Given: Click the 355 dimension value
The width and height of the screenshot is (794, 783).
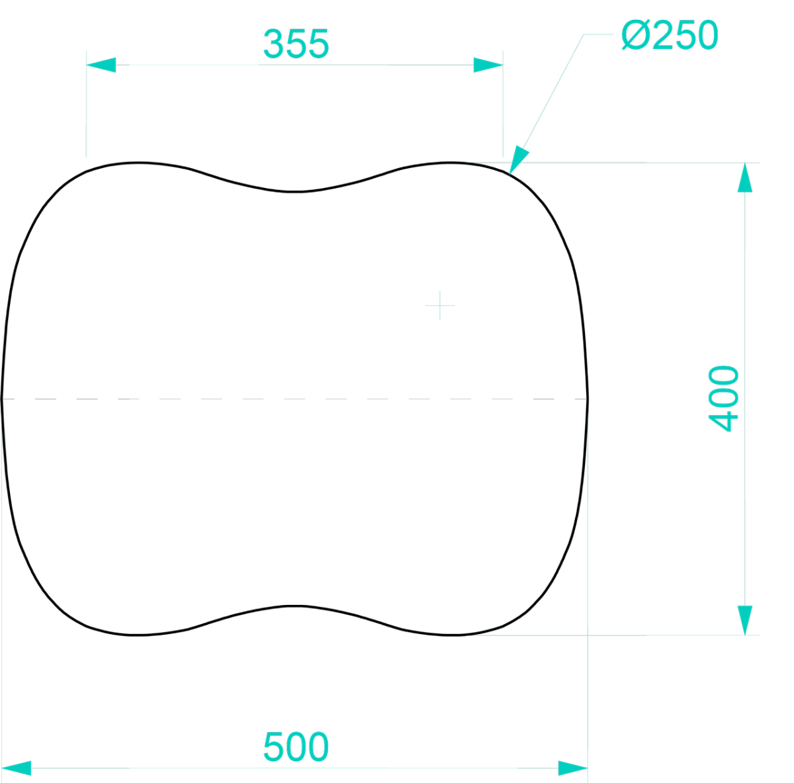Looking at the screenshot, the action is click(x=296, y=44).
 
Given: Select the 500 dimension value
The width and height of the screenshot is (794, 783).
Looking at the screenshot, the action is click(x=296, y=747).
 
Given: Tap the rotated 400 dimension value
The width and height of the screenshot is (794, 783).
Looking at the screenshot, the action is click(x=724, y=398).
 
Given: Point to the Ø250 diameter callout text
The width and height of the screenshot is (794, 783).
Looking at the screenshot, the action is click(x=670, y=35).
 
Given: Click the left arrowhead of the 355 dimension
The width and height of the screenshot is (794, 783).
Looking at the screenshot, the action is click(x=101, y=65).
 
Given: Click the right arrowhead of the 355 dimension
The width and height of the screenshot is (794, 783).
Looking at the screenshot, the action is click(x=488, y=65).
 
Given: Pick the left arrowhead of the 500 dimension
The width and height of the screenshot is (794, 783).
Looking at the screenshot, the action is click(x=17, y=768).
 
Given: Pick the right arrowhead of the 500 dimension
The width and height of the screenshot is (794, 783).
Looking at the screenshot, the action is click(x=573, y=768).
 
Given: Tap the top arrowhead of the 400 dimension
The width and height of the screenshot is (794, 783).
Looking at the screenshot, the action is click(x=745, y=177).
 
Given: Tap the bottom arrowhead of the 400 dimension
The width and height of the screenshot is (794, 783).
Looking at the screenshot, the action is click(x=745, y=620).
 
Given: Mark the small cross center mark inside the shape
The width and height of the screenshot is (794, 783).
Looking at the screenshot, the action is click(x=440, y=306).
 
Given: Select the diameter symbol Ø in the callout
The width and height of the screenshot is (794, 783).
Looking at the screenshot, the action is click(x=635, y=35).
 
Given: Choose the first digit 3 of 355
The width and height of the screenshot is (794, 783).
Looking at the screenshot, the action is click(x=274, y=44).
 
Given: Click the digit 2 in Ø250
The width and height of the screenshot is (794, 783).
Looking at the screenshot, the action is click(x=664, y=35).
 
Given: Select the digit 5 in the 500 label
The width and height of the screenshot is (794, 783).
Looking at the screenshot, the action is click(x=274, y=747).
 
